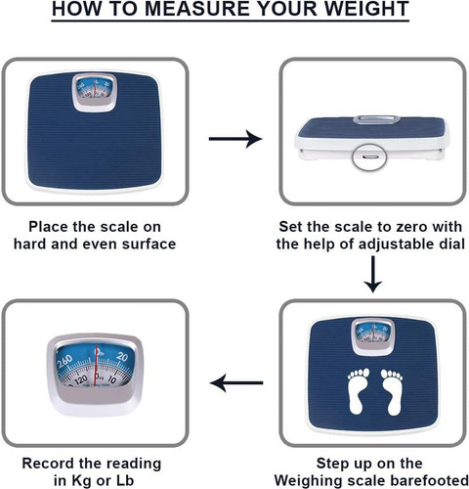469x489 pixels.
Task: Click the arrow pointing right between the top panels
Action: click(235, 139)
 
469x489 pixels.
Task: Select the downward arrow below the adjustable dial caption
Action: click(373, 275)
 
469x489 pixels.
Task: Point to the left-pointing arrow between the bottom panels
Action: click(236, 382)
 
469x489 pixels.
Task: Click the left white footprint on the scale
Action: click(358, 391)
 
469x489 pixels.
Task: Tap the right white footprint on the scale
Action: click(392, 392)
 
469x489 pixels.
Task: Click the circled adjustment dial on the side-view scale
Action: click(369, 156)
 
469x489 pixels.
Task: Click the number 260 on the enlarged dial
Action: click(64, 362)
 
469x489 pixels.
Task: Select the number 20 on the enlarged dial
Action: click(122, 356)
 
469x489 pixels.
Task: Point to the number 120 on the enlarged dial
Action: click(80, 379)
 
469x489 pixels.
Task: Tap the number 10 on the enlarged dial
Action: click(112, 379)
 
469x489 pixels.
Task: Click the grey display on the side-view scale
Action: click(377, 119)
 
